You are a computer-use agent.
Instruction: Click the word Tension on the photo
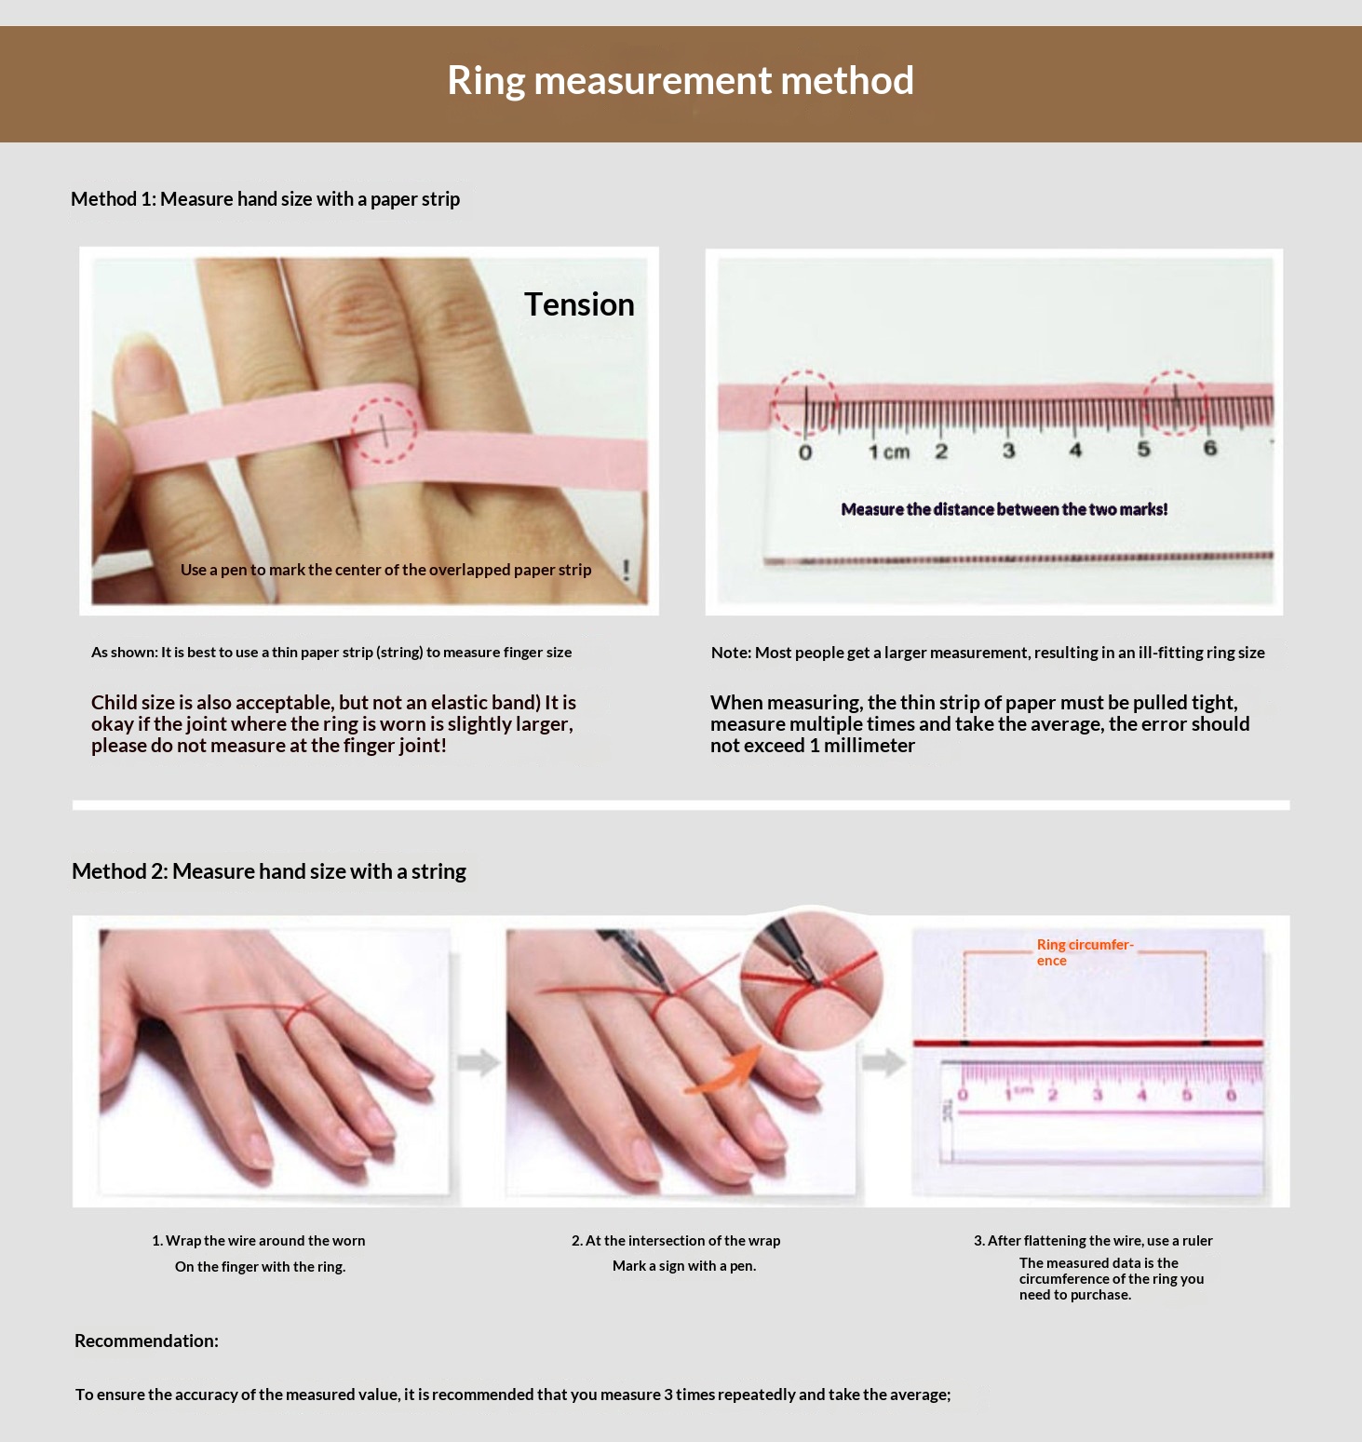(x=579, y=304)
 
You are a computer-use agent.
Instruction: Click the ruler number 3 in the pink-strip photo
(x=1008, y=451)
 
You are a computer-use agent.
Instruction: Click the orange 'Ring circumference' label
(x=1085, y=952)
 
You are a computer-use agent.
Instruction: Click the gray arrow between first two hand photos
(x=479, y=1062)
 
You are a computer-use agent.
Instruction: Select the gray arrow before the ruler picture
(x=883, y=1062)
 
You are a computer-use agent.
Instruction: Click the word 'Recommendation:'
(x=146, y=1341)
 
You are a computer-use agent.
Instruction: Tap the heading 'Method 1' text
(x=113, y=198)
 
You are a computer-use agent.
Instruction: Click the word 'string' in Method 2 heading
(x=438, y=871)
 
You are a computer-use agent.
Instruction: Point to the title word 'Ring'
(x=486, y=81)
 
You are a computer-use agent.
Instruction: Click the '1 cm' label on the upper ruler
(x=889, y=452)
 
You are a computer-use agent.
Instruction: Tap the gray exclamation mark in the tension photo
(x=626, y=570)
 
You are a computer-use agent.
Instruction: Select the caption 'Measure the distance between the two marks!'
(x=1004, y=509)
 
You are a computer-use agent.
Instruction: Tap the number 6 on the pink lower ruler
(x=1231, y=1095)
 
